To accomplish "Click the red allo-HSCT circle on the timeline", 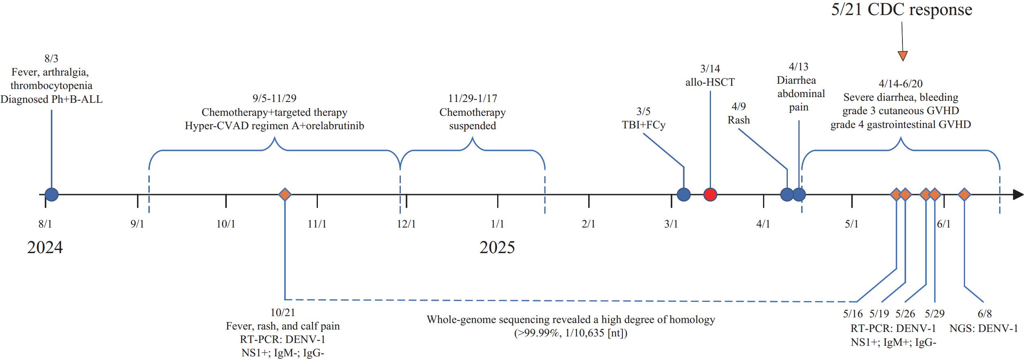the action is tap(710, 195).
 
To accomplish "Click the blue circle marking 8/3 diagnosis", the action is tap(52, 195).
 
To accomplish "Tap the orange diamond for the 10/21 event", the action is tap(285, 195).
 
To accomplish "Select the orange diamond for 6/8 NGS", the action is tap(964, 195).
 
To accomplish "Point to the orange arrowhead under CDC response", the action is tap(902, 56).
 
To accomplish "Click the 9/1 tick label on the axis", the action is tap(137, 224).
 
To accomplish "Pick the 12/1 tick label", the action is tap(407, 224).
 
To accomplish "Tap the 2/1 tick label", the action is tap(589, 224).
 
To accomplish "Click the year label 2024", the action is tap(45, 247).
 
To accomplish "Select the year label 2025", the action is tap(497, 247).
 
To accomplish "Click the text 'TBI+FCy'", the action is tap(644, 125).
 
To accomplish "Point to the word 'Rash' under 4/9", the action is tap(739, 120).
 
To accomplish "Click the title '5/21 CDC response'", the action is tap(902, 10).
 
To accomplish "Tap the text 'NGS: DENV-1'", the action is tap(983, 328).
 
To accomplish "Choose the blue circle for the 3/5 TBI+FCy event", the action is tap(684, 195).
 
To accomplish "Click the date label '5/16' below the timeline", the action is tap(852, 314).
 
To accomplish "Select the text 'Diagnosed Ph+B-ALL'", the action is tap(51, 99).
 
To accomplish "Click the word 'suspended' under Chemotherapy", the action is tap(472, 126).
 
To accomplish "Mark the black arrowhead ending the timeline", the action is tap(1018, 195).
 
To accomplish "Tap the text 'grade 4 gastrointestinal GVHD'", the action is tap(901, 125).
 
